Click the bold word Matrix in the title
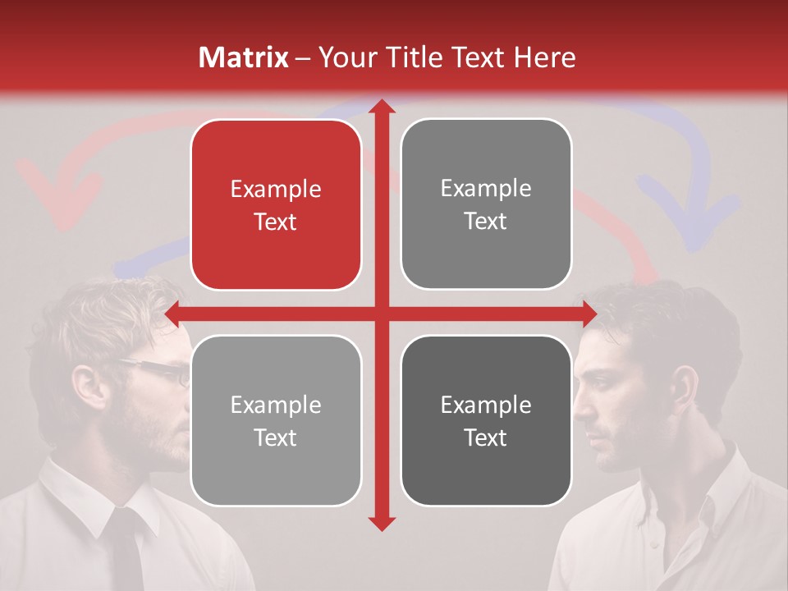(244, 57)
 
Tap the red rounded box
(276, 204)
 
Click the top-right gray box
(486, 204)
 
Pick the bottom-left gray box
(276, 420)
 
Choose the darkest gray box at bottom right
(486, 420)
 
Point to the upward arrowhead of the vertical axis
(381, 106)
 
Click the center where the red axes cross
(381, 314)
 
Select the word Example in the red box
(276, 189)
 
